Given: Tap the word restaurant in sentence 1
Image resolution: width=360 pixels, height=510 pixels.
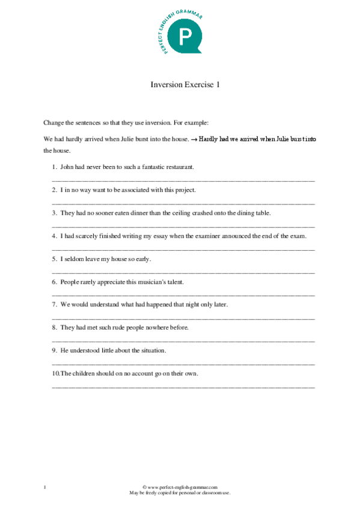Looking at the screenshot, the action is point(178,167).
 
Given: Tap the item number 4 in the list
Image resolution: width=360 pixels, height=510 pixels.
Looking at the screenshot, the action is point(54,236).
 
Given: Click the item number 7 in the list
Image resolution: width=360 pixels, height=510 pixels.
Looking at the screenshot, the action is point(54,304).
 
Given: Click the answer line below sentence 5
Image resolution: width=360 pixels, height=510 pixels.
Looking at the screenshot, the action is point(183,272).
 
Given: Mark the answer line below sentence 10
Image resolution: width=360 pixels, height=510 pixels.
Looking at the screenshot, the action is point(183,386).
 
